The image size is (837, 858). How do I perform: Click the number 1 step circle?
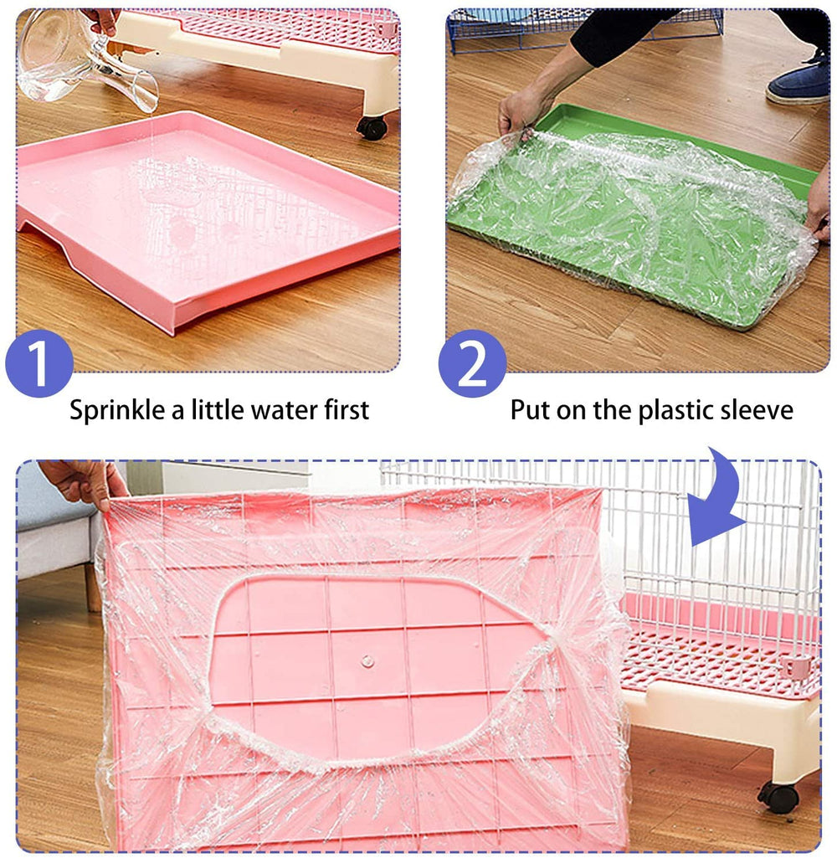(39, 363)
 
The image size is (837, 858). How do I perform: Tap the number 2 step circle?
(472, 363)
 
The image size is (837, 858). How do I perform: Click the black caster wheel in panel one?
(372, 126)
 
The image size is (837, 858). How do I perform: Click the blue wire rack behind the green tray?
(586, 29)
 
